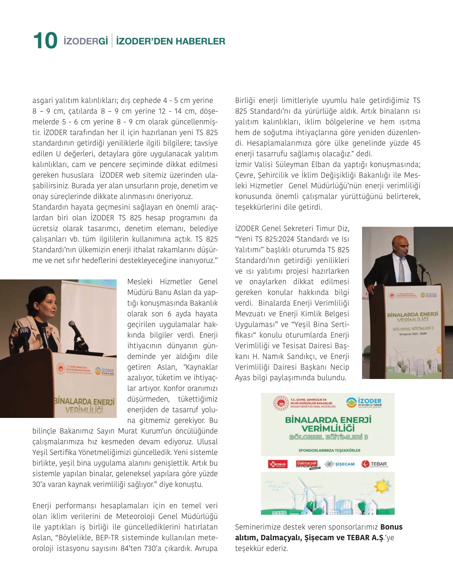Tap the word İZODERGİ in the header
point(86,41)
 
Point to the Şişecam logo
point(339,464)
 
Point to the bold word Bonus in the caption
point(391,527)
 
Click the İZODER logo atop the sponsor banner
point(364,403)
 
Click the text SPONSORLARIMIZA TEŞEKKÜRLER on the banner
point(329,450)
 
